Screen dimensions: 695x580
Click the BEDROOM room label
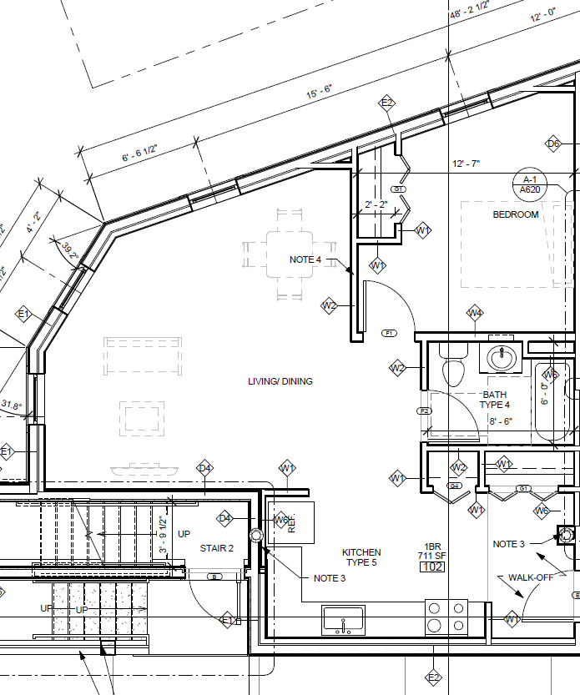click(516, 214)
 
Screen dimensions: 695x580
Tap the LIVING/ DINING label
click(280, 381)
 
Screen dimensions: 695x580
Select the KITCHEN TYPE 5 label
click(361, 557)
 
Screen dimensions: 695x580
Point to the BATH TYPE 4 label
click(495, 400)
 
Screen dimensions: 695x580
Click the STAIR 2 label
click(216, 548)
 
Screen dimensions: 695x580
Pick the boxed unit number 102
click(432, 567)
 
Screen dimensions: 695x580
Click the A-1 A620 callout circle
click(529, 184)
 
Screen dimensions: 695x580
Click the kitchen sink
click(343, 620)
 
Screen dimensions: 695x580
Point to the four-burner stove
click(446, 617)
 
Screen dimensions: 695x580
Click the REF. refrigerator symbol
click(290, 524)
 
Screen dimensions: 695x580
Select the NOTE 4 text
click(305, 259)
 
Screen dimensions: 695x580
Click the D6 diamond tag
click(553, 144)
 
